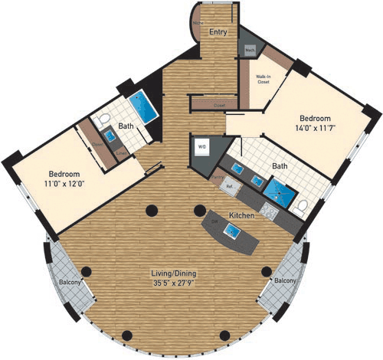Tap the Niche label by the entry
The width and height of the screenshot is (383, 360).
[197, 24]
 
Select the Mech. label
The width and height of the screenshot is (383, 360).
[250, 51]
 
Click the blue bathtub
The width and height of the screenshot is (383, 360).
[142, 105]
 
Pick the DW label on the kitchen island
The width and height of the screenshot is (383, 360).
[214, 221]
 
